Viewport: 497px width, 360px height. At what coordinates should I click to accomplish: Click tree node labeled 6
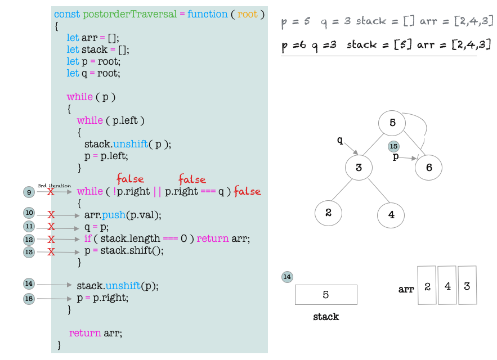click(429, 167)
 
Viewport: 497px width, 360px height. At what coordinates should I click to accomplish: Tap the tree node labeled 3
click(357, 168)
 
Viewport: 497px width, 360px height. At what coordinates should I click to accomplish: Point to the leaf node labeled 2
click(329, 213)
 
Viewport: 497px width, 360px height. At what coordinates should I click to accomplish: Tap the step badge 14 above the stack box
click(288, 277)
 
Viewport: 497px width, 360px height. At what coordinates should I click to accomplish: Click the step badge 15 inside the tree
click(394, 146)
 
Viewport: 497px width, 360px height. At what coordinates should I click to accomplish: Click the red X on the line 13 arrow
click(51, 251)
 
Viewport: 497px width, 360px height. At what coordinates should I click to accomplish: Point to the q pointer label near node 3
click(340, 141)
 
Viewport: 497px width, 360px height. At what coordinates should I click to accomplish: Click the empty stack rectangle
click(326, 295)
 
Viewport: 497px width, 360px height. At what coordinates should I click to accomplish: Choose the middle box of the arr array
click(447, 285)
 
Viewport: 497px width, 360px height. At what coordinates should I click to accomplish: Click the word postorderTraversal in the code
click(129, 14)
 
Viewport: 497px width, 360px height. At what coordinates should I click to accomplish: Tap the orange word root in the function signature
click(247, 14)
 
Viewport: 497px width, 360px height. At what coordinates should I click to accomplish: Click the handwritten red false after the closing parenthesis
click(248, 191)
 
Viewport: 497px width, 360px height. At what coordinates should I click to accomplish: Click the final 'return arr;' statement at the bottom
click(96, 333)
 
